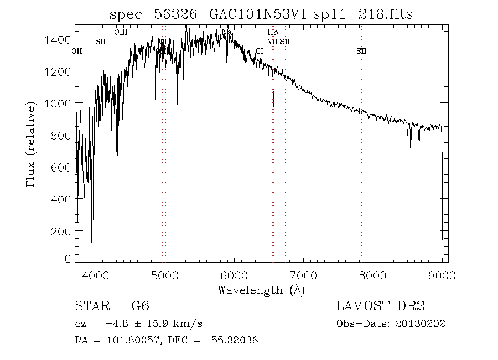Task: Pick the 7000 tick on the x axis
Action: pyautogui.click(x=303, y=275)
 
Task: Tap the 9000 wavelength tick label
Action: pyautogui.click(x=442, y=275)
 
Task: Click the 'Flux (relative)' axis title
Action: pyautogui.click(x=32, y=143)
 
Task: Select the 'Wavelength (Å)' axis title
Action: pyautogui.click(x=261, y=290)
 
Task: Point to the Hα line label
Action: pyautogui.click(x=273, y=33)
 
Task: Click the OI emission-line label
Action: pyautogui.click(x=260, y=51)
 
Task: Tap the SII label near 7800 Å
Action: pyautogui.click(x=361, y=51)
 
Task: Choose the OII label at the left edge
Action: pyautogui.click(x=77, y=51)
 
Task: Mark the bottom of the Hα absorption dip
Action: pyautogui.click(x=273, y=106)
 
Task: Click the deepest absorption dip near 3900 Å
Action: pyautogui.click(x=91, y=245)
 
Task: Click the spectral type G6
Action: pyautogui.click(x=140, y=306)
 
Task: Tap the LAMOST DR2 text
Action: pyautogui.click(x=380, y=306)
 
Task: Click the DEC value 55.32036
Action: pyautogui.click(x=235, y=340)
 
